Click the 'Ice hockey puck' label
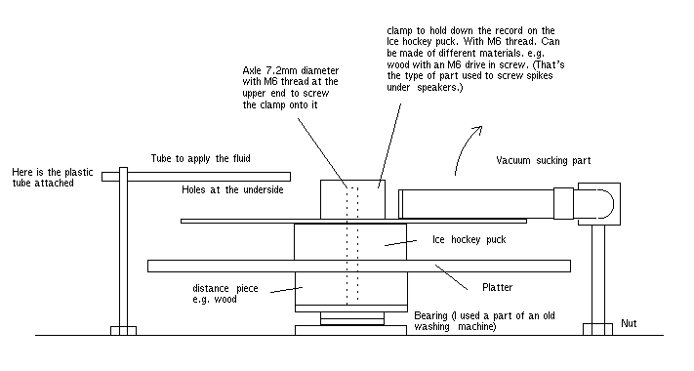coord(469,239)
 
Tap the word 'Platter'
coord(498,287)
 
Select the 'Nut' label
coord(629,323)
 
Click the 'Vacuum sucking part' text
coord(544,160)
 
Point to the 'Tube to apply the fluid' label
coord(200,158)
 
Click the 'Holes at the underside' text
coord(232,190)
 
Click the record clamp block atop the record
coord(352,199)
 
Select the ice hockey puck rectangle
coord(350,242)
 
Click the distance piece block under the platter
coord(351,288)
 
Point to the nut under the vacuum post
coord(597,329)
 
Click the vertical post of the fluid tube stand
coord(124,247)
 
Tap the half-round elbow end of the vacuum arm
coord(603,204)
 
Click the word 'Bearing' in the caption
coord(431,316)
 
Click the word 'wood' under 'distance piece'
coord(225,300)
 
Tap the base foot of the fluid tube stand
coord(124,331)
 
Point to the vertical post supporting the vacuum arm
coord(598,274)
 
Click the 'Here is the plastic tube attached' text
coord(53,178)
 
